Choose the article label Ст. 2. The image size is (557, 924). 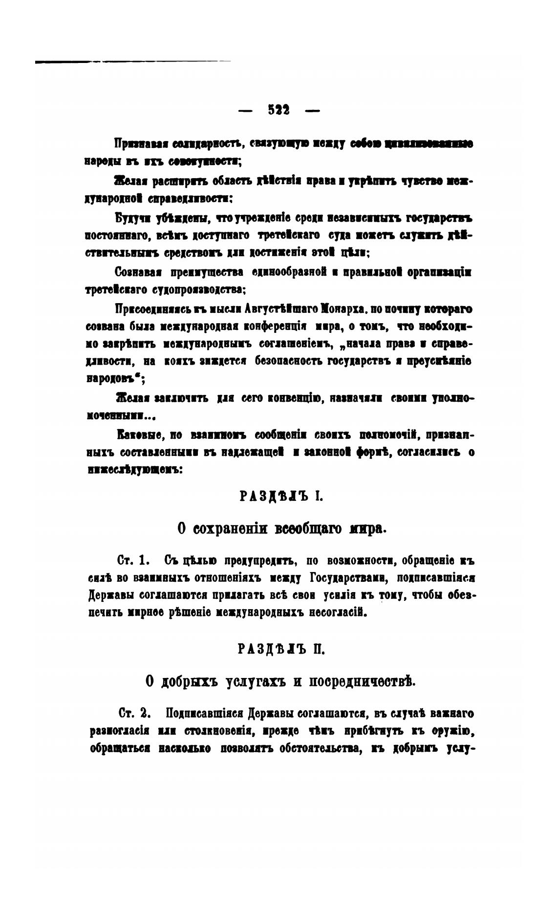pyautogui.click(x=133, y=713)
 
